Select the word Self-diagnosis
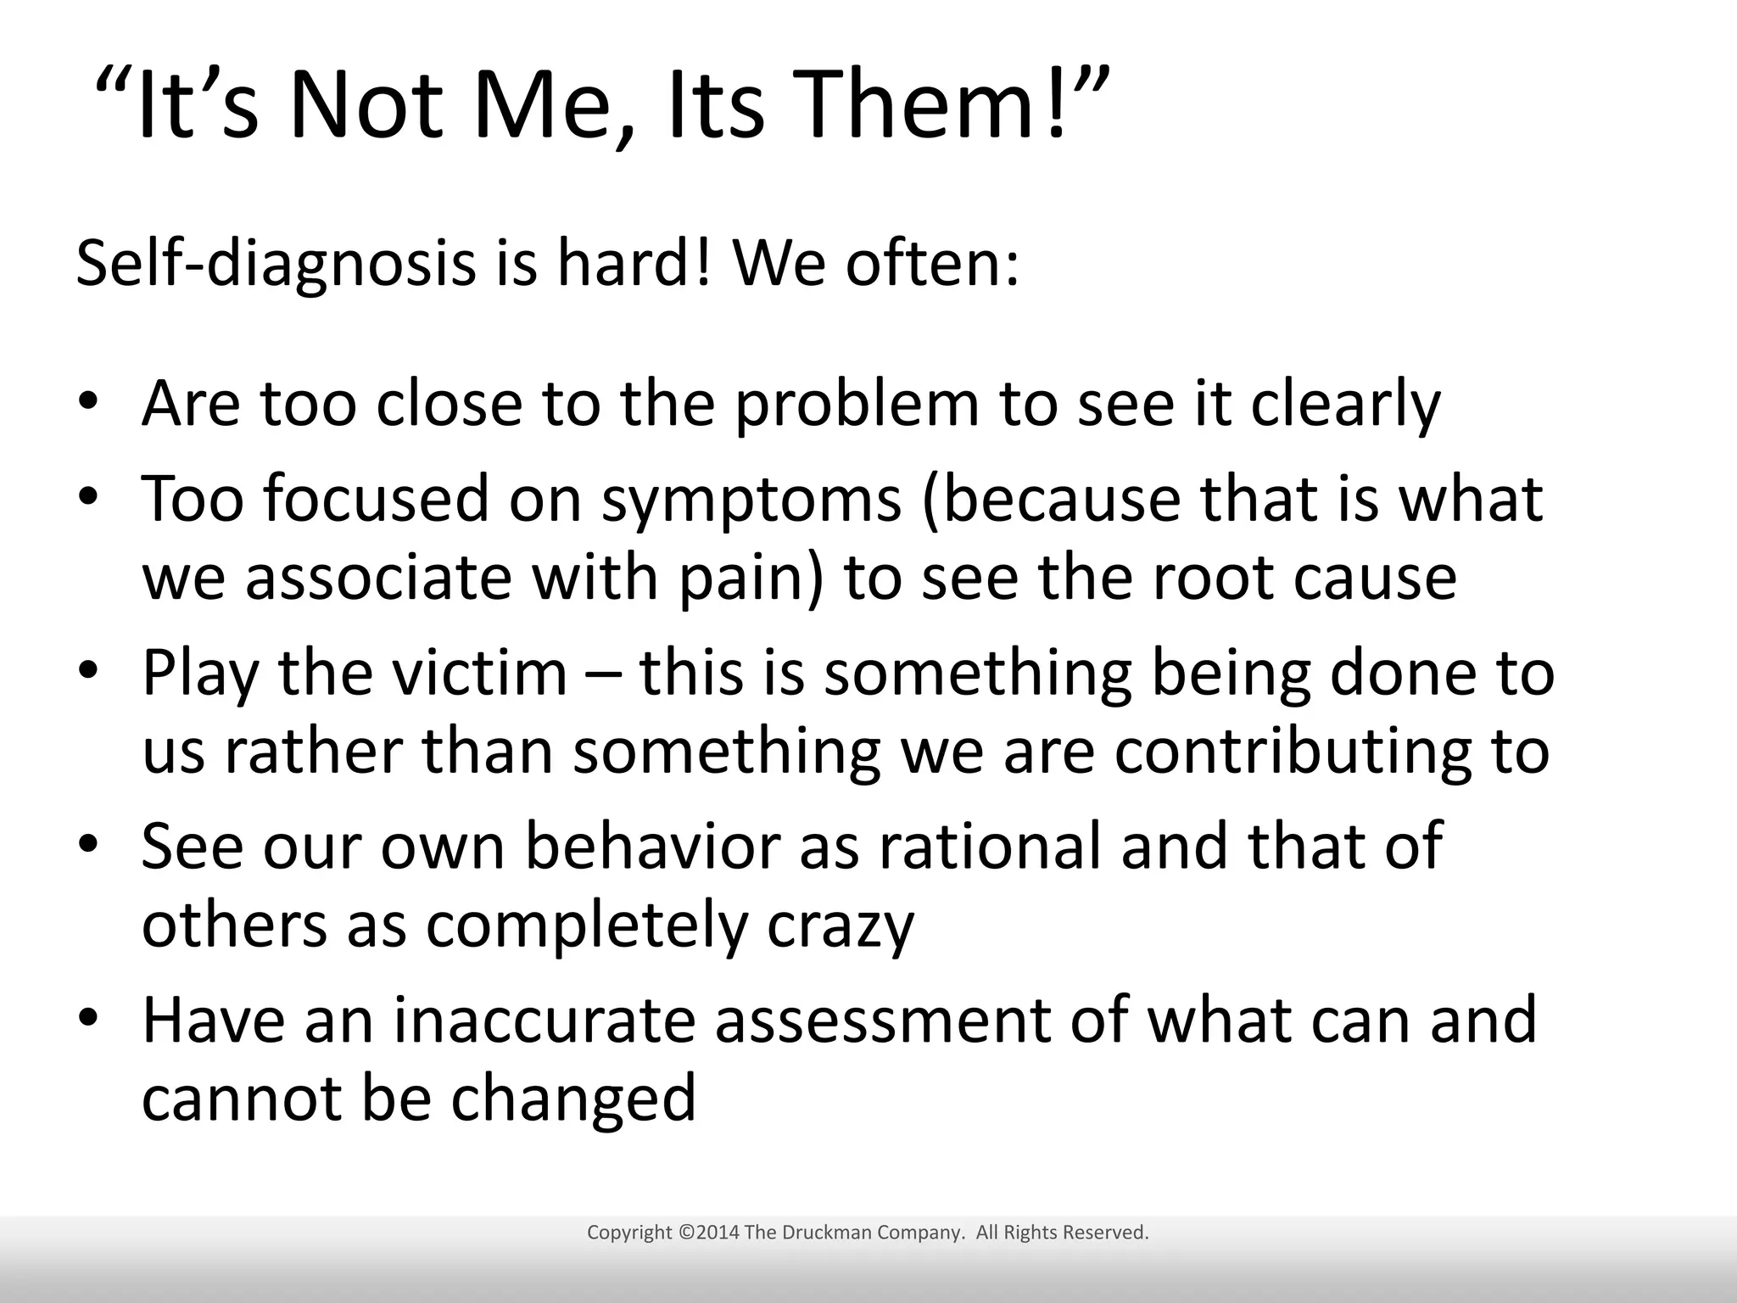pyautogui.click(x=276, y=265)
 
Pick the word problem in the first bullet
pyautogui.click(x=857, y=405)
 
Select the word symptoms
pyautogui.click(x=751, y=501)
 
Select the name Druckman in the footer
pyautogui.click(x=824, y=1233)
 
